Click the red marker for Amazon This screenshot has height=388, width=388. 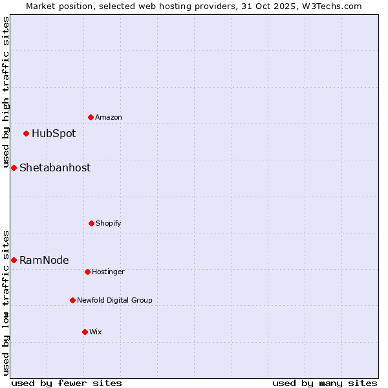pyautogui.click(x=91, y=117)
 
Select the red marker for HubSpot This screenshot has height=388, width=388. pyautogui.click(x=27, y=134)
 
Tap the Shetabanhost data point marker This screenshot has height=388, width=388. pyautogui.click(x=14, y=167)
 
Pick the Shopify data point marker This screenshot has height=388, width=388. pyautogui.click(x=91, y=223)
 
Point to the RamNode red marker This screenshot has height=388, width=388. pyautogui.click(x=14, y=260)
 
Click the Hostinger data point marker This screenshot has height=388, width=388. pyautogui.click(x=87, y=272)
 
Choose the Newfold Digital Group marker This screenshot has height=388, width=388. pyautogui.click(x=72, y=300)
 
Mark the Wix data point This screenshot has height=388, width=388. pyautogui.click(x=85, y=332)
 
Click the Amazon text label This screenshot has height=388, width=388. pyautogui.click(x=109, y=117)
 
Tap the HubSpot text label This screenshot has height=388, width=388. pyautogui.click(x=54, y=134)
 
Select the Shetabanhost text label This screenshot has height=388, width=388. pyautogui.click(x=55, y=167)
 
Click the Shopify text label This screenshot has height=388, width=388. pyautogui.click(x=109, y=223)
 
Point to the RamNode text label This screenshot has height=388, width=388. pyautogui.click(x=44, y=260)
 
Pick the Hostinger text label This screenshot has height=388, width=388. pyautogui.click(x=108, y=272)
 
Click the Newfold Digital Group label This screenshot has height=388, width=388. pyautogui.click(x=114, y=300)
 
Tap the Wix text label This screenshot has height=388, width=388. pyautogui.click(x=96, y=332)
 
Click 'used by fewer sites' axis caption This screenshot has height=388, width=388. pyautogui.click(x=67, y=383)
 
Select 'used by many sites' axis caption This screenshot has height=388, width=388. pyautogui.click(x=325, y=383)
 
